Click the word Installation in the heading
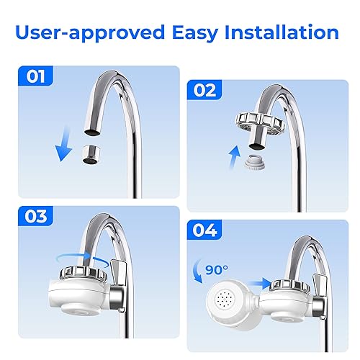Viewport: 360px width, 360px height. pyautogui.click(x=282, y=32)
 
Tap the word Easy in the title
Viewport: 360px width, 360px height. pyautogui.click(x=195, y=34)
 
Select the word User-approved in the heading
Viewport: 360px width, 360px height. pyautogui.click(x=90, y=33)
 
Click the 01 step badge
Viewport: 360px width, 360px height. pyautogui.click(x=35, y=76)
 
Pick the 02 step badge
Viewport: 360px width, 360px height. pyautogui.click(x=204, y=89)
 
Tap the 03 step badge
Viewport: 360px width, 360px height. pyautogui.click(x=35, y=216)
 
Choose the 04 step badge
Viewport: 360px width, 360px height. pyautogui.click(x=204, y=230)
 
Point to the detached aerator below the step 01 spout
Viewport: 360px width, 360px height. pyautogui.click(x=91, y=155)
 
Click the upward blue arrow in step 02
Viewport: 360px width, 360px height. pyautogui.click(x=235, y=157)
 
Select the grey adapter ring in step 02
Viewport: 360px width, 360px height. pyautogui.click(x=255, y=163)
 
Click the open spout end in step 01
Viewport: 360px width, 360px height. pyautogui.click(x=92, y=132)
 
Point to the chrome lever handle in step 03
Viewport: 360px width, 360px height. pyautogui.click(x=118, y=273)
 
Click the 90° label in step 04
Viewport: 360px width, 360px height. pyautogui.click(x=217, y=270)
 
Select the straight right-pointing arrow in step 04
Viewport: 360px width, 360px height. pyautogui.click(x=261, y=284)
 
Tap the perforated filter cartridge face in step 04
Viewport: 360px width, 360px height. pyautogui.click(x=225, y=300)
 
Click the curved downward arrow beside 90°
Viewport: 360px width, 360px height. pyautogui.click(x=197, y=271)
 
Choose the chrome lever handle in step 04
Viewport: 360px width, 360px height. pyautogui.click(x=320, y=286)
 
